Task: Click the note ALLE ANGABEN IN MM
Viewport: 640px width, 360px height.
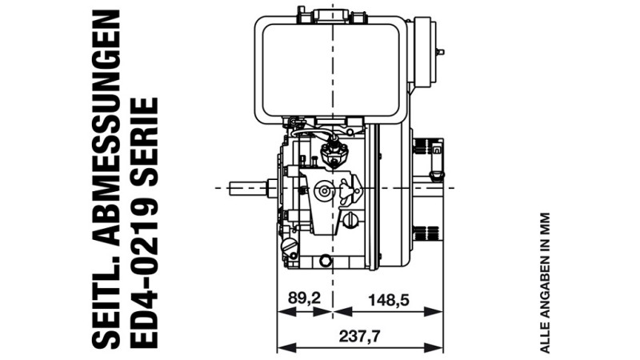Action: tap(545, 282)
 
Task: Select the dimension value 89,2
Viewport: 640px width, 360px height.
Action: tap(305, 298)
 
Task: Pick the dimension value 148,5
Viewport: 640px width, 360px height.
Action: tap(389, 300)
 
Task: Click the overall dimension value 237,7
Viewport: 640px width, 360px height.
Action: tap(359, 336)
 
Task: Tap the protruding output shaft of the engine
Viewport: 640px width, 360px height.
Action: tap(249, 188)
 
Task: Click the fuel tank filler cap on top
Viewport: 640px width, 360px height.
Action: tap(332, 14)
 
